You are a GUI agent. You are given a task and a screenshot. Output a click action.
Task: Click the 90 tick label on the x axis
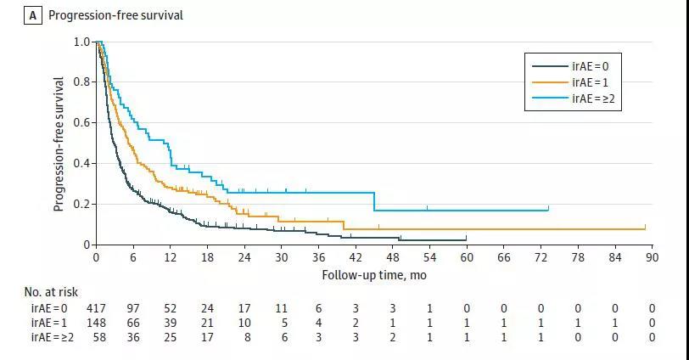(x=653, y=257)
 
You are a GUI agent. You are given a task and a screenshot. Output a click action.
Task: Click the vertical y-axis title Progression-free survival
(x=59, y=144)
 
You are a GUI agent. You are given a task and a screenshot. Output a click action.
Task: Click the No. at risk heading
(x=51, y=292)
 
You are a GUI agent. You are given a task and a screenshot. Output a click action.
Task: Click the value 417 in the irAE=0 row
(x=96, y=308)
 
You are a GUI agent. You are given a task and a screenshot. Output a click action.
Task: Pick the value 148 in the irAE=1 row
(x=96, y=323)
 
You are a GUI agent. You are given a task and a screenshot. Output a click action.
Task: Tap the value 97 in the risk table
(x=133, y=308)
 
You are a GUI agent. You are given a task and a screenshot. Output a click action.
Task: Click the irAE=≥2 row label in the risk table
(x=48, y=337)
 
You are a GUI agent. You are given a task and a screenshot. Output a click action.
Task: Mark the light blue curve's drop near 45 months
(x=374, y=202)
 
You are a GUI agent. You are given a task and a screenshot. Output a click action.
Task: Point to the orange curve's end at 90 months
(x=645, y=228)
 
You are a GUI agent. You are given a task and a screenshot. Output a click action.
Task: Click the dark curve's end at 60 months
(x=466, y=239)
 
